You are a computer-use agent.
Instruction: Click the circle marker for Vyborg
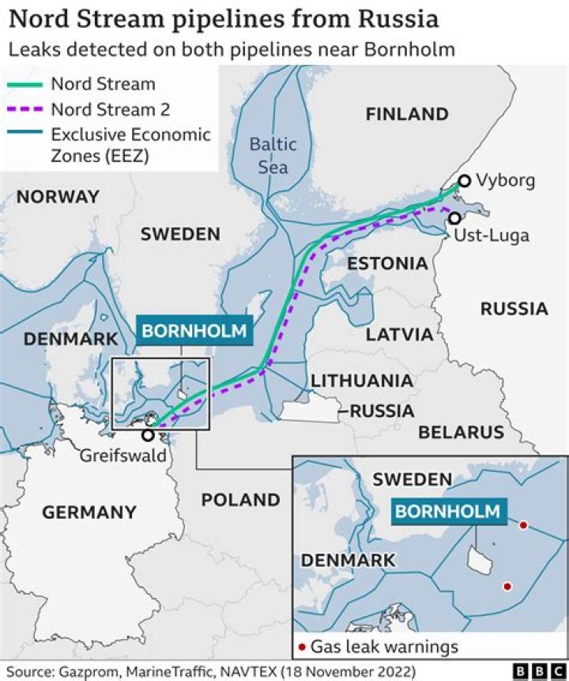[x=465, y=181]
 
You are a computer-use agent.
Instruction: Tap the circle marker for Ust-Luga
[x=454, y=218]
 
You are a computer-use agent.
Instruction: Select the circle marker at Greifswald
[x=148, y=435]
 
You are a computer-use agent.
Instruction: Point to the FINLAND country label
[x=407, y=114]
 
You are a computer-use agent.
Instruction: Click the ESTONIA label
[x=387, y=263]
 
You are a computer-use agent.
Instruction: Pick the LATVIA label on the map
[x=399, y=334]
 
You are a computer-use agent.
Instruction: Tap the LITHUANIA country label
[x=362, y=380]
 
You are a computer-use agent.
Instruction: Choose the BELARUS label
[x=461, y=432]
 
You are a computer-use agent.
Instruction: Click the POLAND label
[x=240, y=500]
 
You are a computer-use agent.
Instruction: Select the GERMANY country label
[x=89, y=513]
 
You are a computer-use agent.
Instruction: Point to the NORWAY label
[x=58, y=196]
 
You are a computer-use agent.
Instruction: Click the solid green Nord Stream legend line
[x=25, y=84]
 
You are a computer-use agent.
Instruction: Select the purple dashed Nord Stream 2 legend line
[x=25, y=109]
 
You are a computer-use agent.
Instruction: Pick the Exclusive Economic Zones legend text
[x=130, y=146]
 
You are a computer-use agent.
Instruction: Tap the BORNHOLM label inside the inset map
[x=448, y=511]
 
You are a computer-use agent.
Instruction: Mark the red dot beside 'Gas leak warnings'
[x=302, y=648]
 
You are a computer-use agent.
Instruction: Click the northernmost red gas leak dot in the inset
[x=522, y=525]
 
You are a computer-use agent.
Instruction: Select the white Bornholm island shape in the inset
[x=479, y=561]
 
